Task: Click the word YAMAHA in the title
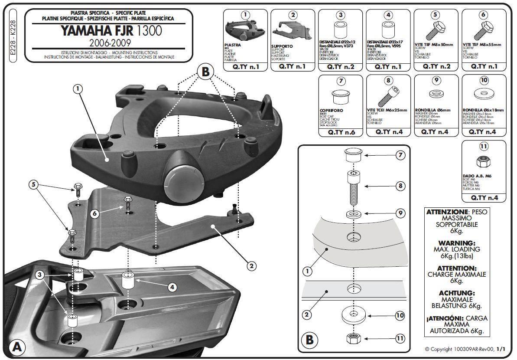(86, 31)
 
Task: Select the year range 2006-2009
(110, 43)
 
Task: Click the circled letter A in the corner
(16, 347)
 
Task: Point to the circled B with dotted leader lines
(205, 72)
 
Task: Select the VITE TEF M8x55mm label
(481, 44)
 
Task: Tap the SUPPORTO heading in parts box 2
(282, 46)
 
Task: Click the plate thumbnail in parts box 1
(245, 30)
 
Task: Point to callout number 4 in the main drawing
(172, 287)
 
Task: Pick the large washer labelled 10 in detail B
(354, 315)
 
